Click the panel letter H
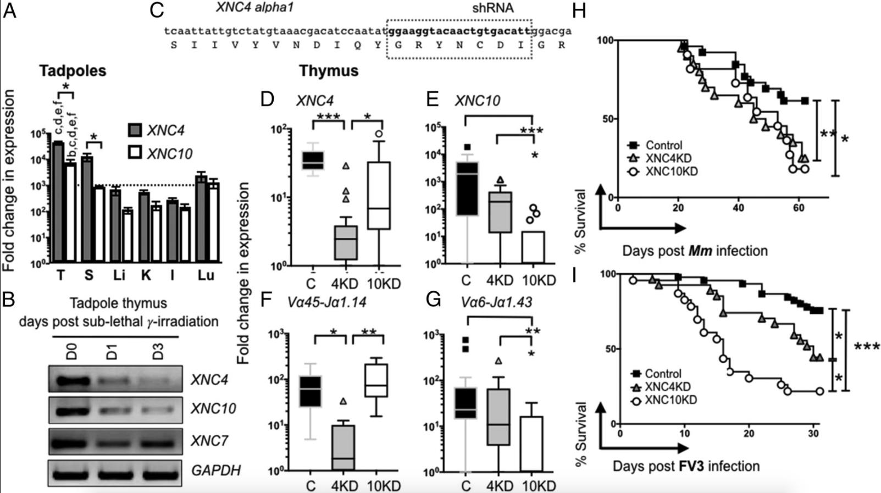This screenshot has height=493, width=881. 578,11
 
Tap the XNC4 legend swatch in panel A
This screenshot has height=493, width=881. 135,130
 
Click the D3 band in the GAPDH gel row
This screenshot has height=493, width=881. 158,470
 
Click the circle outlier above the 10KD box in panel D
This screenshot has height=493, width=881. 379,134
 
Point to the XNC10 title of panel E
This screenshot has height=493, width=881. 473,101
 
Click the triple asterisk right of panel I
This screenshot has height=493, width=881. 867,347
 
